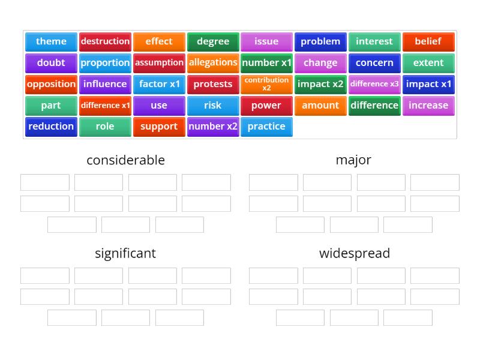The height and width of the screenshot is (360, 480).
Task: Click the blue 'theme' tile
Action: pos(51,41)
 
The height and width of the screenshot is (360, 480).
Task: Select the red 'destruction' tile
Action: pos(105,41)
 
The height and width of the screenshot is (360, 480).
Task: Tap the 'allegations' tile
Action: pos(213,62)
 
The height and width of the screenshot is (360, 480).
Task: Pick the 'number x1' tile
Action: pos(266,62)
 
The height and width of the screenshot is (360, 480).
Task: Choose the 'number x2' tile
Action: pos(213,126)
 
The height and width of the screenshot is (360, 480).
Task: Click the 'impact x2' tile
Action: pos(320,84)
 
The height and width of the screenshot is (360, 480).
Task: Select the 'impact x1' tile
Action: pos(428,84)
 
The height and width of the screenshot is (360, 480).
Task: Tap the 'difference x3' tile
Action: pos(374,84)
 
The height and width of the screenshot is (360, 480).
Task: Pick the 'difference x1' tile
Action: pos(105,105)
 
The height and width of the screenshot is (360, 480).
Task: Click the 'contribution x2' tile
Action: pos(266,84)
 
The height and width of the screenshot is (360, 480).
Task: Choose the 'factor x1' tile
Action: pos(159,84)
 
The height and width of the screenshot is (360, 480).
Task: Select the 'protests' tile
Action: pos(213,84)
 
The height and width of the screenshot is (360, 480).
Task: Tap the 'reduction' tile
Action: pos(51,126)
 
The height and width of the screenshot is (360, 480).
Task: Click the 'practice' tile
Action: pos(266,126)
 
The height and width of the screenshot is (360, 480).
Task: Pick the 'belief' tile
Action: pos(428,41)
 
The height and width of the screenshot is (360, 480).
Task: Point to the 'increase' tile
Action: pos(428,105)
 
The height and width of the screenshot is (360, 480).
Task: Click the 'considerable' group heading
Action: pos(125,160)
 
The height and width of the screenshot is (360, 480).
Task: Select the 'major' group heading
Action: pos(353,160)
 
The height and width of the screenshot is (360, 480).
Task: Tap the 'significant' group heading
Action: pos(125,253)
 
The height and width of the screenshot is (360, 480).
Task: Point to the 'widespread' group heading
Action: pos(354,253)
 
